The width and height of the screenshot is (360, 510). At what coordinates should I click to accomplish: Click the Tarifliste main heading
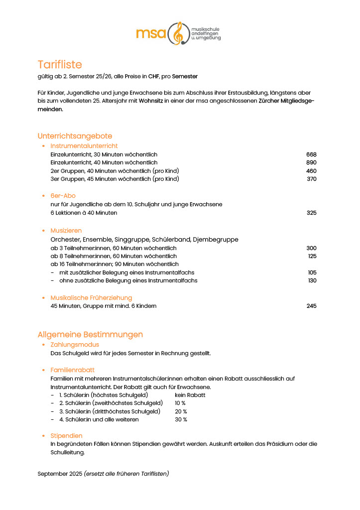click(x=60, y=65)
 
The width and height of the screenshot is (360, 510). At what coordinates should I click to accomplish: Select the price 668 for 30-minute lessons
click(x=311, y=154)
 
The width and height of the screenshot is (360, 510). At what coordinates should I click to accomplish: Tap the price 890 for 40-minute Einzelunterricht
click(x=311, y=162)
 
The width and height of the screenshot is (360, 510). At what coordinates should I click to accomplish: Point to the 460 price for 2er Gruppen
click(x=311, y=171)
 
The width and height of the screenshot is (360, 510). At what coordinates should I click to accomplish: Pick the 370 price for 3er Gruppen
click(x=311, y=179)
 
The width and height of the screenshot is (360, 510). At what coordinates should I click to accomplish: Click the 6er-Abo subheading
click(x=63, y=196)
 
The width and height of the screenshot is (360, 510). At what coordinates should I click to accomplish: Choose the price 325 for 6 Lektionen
click(x=311, y=213)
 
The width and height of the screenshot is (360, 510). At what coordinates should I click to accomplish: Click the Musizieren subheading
click(x=66, y=231)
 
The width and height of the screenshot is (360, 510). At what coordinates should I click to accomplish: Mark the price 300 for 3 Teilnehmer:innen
click(x=311, y=248)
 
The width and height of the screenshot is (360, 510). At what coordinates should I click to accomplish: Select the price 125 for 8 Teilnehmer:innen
click(x=312, y=256)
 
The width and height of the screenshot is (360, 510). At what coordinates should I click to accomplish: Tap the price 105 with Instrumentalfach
click(x=312, y=272)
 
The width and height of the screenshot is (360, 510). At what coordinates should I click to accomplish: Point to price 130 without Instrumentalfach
click(x=312, y=280)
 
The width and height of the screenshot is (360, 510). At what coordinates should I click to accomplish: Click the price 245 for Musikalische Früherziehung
click(x=311, y=306)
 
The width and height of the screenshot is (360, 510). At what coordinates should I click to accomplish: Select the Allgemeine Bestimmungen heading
click(x=90, y=334)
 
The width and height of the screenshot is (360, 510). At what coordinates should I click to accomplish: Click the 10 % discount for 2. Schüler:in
click(x=180, y=403)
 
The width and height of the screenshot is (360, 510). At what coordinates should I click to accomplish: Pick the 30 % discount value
click(x=181, y=419)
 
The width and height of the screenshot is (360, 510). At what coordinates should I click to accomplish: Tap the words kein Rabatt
click(x=190, y=395)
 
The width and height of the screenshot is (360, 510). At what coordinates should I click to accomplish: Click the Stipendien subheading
click(x=66, y=436)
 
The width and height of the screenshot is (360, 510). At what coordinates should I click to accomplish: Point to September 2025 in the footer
click(x=60, y=474)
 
